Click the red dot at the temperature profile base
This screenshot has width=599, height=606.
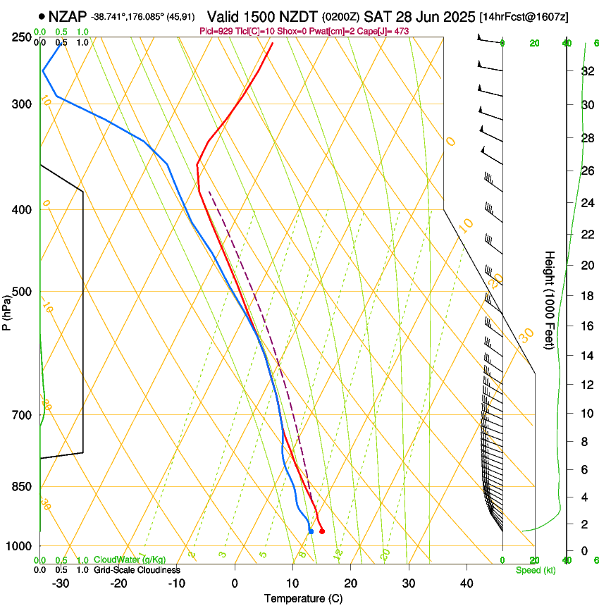click(x=322, y=531)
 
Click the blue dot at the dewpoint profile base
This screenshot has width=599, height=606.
click(x=311, y=531)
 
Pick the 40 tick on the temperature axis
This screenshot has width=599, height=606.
click(x=467, y=583)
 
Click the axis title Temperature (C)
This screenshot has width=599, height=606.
click(x=303, y=598)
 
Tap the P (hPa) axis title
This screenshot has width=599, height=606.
click(x=6, y=311)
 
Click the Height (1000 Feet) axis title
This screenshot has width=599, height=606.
click(x=550, y=299)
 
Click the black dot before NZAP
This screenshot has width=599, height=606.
click(x=43, y=16)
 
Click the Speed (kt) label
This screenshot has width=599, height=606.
click(x=535, y=570)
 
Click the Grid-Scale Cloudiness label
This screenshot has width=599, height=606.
click(x=137, y=570)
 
